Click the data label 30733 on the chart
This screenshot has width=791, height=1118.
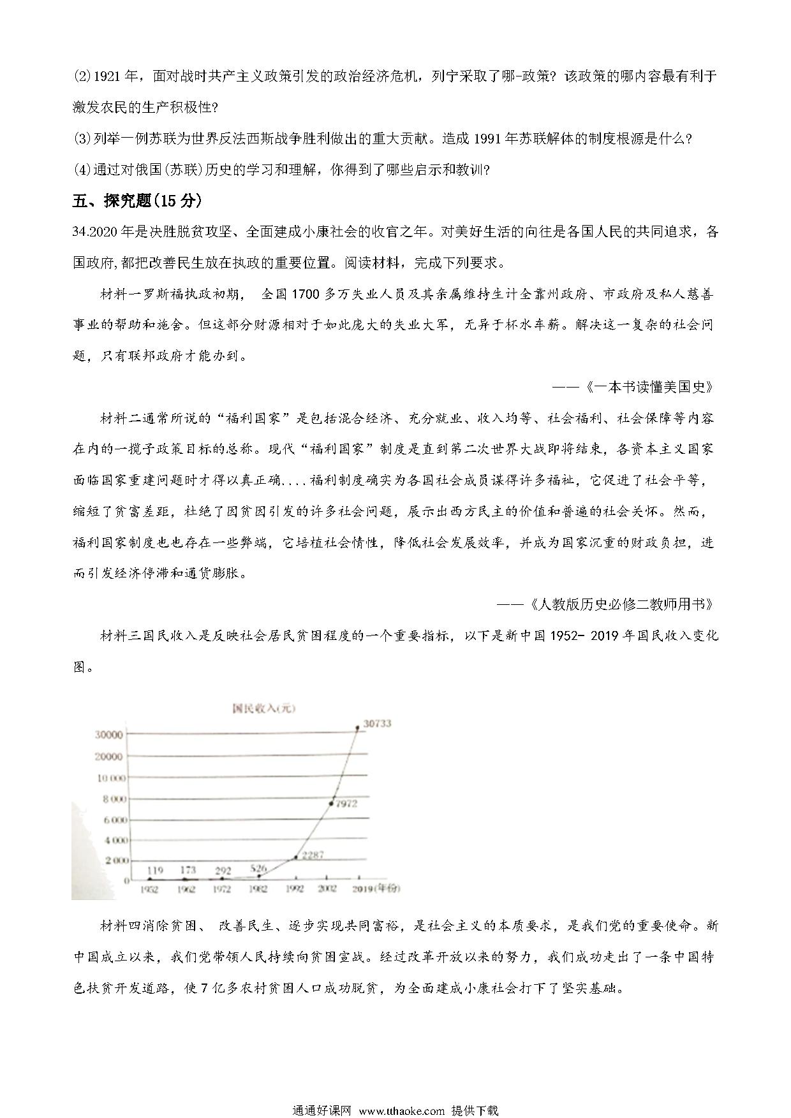[377, 723]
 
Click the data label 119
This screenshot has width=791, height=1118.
[154, 870]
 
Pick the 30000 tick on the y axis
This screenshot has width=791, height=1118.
[108, 734]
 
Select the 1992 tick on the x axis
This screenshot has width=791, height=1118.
[295, 889]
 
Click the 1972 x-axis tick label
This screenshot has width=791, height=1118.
[222, 889]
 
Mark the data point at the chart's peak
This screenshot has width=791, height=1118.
[357, 726]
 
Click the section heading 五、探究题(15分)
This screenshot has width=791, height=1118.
[137, 201]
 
